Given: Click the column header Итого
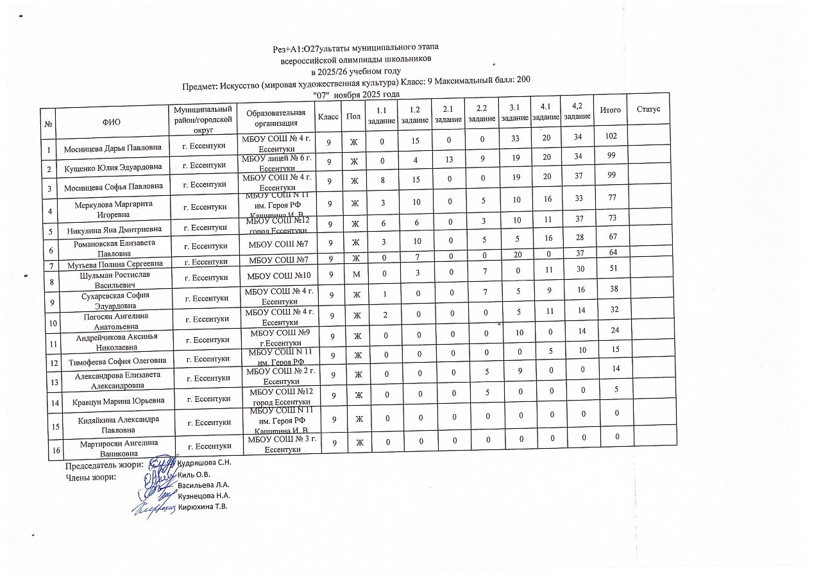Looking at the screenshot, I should [x=610, y=110].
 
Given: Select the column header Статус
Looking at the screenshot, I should [x=648, y=110].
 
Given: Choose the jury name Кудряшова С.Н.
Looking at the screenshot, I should [x=204, y=462].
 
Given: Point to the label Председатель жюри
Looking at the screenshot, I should [x=104, y=466].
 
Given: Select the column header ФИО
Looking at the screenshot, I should [x=111, y=121].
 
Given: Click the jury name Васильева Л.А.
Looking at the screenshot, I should [x=204, y=484].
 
